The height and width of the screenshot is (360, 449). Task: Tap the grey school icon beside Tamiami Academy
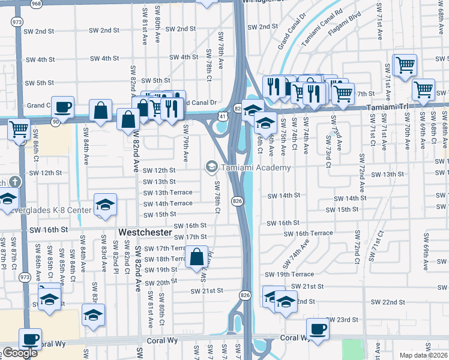211,167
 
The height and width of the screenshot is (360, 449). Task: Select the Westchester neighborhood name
145,232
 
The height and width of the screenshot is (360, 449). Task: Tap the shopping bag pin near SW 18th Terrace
197,258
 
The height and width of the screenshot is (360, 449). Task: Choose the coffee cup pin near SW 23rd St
318,329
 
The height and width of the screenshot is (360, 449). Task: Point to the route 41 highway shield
221,115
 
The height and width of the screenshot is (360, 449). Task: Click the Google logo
20,353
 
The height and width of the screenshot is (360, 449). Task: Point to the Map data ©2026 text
423,355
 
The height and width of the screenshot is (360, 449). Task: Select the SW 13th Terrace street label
167,193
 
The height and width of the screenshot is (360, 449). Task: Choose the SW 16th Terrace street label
308,233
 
